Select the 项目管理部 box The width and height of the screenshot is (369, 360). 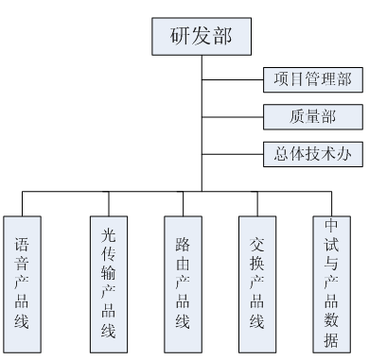click(311, 79)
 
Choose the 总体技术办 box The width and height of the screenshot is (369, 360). click(311, 151)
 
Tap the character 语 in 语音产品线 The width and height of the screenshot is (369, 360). click(22, 242)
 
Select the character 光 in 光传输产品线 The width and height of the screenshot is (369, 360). click(110, 228)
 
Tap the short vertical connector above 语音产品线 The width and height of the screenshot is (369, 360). click(24, 202)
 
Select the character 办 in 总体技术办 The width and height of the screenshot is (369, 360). click(345, 151)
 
